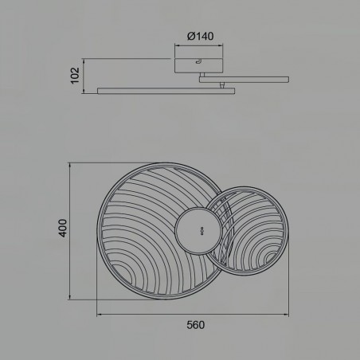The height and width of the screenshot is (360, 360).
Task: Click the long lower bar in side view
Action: tap(167, 91)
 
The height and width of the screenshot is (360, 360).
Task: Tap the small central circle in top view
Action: tap(197, 230)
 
